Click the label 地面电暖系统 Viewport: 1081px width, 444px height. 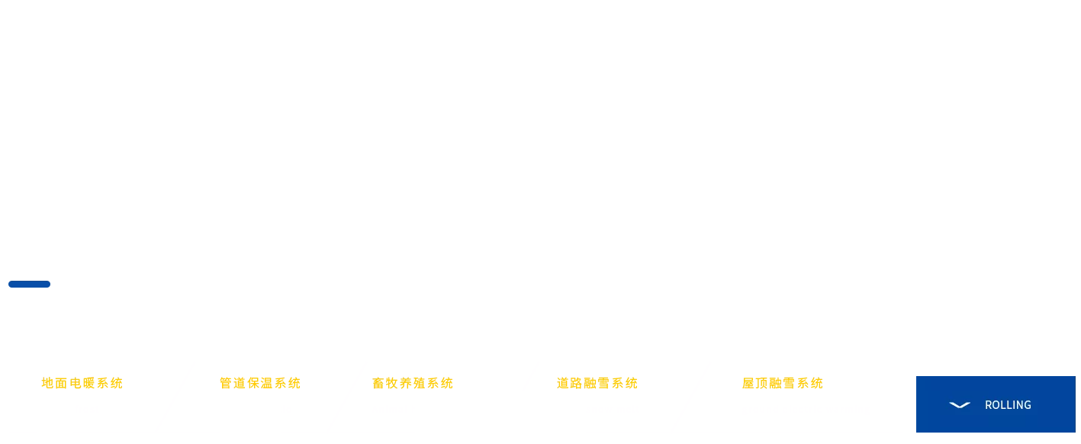click(x=82, y=383)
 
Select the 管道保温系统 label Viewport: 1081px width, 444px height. click(x=260, y=383)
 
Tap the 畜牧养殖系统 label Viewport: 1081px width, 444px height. click(x=413, y=383)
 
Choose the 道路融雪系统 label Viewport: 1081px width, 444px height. click(x=597, y=383)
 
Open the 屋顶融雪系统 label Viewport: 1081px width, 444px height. click(x=782, y=383)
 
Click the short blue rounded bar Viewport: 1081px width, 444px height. click(x=30, y=285)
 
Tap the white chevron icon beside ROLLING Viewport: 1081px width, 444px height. click(x=960, y=405)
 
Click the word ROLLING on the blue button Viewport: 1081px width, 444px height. click(x=1008, y=405)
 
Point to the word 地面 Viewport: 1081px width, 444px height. click(x=54, y=383)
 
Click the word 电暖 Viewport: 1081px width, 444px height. click(x=82, y=383)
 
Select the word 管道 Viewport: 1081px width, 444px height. click(x=232, y=383)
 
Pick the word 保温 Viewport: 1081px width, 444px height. click(x=260, y=383)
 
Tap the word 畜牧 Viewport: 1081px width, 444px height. click(x=384, y=383)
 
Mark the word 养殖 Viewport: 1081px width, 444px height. click(x=413, y=383)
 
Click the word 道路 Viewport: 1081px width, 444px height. click(x=569, y=383)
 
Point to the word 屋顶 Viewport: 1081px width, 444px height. click(x=754, y=383)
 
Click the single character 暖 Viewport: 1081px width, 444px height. click(x=88, y=383)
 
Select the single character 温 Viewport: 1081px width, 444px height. click(x=267, y=383)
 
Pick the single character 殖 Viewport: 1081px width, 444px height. click(x=420, y=383)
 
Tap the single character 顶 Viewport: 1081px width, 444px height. click(x=761, y=383)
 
